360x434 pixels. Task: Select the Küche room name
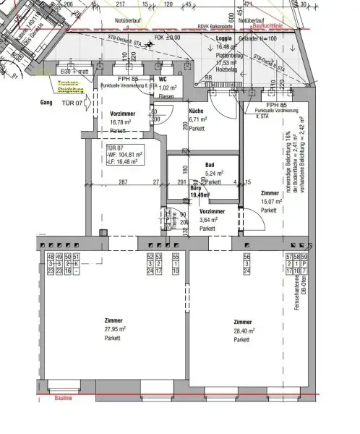click(x=197, y=111)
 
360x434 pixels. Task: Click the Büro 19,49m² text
click(x=200, y=192)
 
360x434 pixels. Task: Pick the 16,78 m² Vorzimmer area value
click(x=121, y=122)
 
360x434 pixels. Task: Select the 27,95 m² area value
click(x=113, y=329)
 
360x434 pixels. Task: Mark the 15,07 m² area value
click(x=270, y=202)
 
